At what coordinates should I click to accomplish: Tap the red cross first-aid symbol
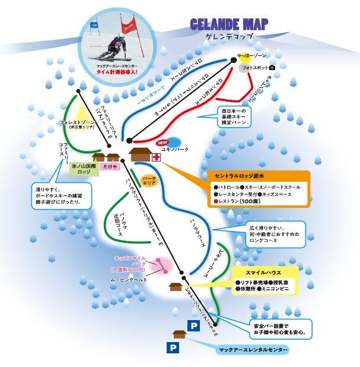(x=156, y=157)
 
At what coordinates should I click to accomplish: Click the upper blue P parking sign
(x=193, y=325)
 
